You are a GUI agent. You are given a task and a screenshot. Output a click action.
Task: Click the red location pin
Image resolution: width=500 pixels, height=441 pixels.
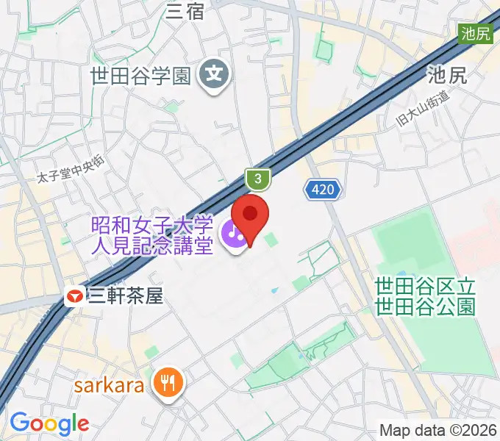pyautogui.click(x=250, y=215)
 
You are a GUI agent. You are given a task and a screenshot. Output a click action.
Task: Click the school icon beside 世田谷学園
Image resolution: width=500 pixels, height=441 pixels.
pyautogui.click(x=215, y=74)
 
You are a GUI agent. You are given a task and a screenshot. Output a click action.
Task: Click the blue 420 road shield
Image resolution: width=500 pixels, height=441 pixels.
pyautogui.click(x=324, y=190)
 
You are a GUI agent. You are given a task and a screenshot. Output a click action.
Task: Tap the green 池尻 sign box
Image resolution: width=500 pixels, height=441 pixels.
pyautogui.click(x=477, y=34)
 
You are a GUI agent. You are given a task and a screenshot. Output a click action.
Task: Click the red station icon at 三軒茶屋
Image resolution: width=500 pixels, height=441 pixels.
pyautogui.click(x=74, y=297)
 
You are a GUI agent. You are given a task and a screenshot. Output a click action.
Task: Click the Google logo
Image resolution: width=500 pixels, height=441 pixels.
pyautogui.click(x=49, y=423)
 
